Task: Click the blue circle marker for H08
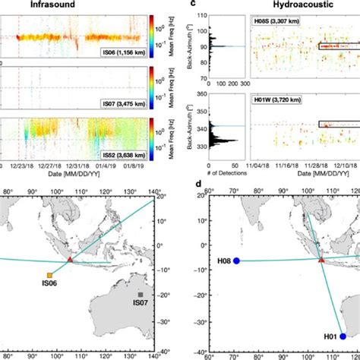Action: point(236,261)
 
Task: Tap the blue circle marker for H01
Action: point(343,336)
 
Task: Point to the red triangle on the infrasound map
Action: point(70,261)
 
